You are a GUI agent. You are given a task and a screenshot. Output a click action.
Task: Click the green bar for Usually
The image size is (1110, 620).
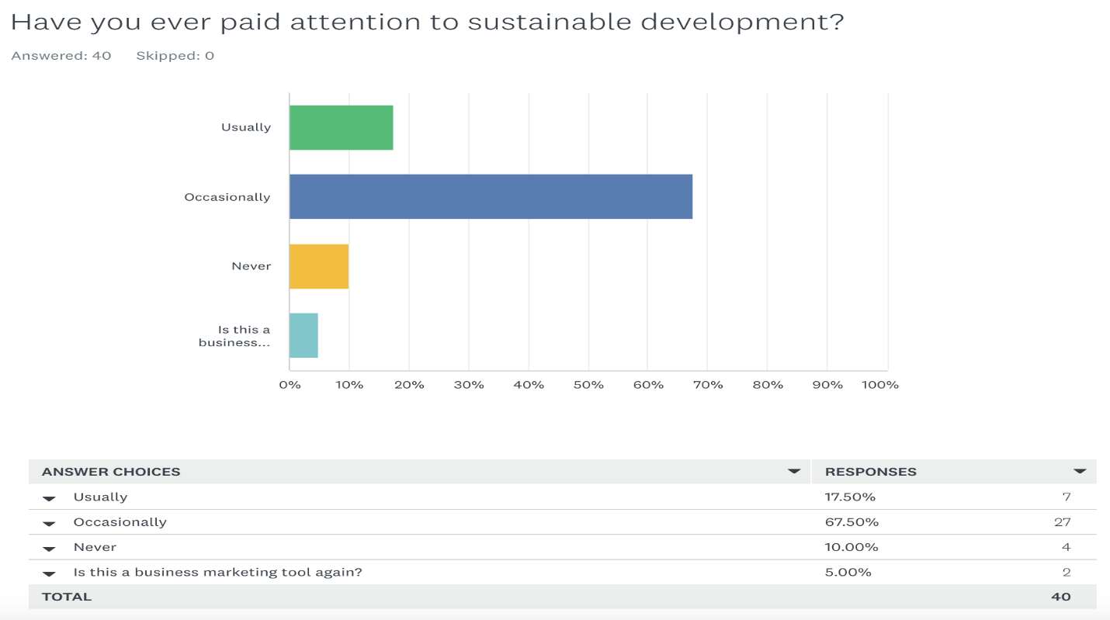click(x=341, y=127)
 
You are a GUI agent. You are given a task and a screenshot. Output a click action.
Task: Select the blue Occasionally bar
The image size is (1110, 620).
click(x=491, y=197)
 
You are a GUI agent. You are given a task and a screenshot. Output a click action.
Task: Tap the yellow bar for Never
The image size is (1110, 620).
click(x=319, y=266)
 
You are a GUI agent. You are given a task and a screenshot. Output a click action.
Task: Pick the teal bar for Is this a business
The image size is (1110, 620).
click(x=304, y=335)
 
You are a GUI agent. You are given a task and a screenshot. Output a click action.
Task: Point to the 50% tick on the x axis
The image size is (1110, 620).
click(x=588, y=385)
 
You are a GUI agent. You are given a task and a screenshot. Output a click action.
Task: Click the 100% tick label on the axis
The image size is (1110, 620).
click(x=880, y=385)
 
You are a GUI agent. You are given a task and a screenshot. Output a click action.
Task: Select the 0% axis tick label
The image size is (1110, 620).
click(x=290, y=385)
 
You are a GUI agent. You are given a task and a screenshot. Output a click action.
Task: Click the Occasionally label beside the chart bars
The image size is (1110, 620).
click(x=227, y=197)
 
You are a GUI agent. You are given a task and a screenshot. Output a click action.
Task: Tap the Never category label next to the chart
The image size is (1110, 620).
click(x=251, y=266)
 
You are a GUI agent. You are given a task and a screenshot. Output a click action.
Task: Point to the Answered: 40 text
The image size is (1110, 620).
click(x=61, y=56)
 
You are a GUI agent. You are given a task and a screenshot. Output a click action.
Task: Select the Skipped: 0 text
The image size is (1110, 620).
click(x=175, y=56)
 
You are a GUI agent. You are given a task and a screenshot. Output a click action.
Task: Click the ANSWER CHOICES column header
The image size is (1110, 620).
click(x=111, y=472)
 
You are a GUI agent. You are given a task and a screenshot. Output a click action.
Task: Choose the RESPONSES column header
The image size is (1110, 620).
click(x=870, y=472)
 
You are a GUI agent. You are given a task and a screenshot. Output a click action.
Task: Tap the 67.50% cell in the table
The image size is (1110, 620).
click(x=852, y=522)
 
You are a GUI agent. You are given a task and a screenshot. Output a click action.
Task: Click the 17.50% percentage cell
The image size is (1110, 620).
click(x=850, y=497)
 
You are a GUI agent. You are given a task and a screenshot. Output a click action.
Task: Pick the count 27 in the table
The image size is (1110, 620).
click(x=1062, y=522)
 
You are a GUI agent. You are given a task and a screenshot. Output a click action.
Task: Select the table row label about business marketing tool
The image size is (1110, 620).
click(x=218, y=573)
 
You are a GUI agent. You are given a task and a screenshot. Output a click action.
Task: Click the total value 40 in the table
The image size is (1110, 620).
click(x=1061, y=597)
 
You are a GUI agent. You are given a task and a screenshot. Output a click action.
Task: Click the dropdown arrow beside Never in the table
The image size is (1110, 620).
click(x=50, y=549)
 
